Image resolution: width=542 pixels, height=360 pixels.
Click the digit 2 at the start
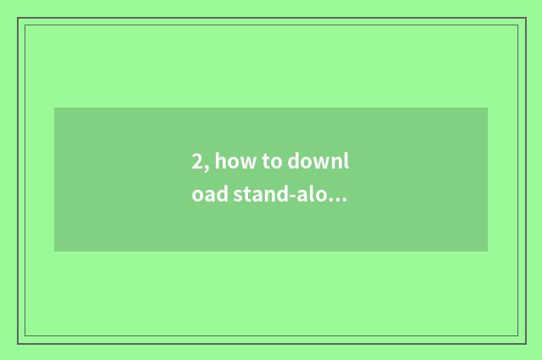coord(196,162)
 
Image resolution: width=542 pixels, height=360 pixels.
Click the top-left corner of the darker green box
coord(54,108)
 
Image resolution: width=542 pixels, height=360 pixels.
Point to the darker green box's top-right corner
coord(488,108)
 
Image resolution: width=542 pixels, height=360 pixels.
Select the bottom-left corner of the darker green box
coord(54,252)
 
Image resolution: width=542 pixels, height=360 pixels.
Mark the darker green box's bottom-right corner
coord(488,252)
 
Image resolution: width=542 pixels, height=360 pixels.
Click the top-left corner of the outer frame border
coord(18,18)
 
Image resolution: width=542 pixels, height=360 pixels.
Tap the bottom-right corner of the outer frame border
coord(525,343)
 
